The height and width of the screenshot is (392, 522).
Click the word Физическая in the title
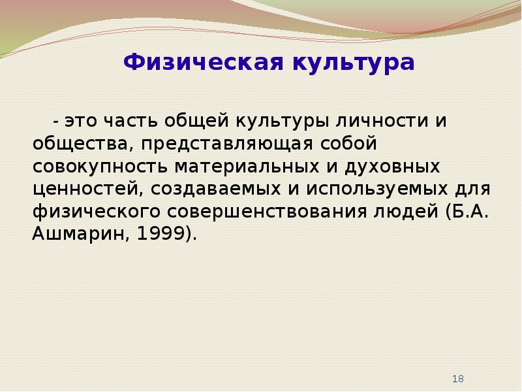pos(203,62)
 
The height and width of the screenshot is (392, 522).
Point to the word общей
pos(196,122)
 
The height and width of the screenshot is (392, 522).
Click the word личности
pos(382,121)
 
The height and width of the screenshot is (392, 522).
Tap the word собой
pos(348,143)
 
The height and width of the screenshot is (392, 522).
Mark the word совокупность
pos(100,167)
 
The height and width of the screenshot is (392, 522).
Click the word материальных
pos(247,167)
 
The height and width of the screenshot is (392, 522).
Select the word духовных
pos(392,167)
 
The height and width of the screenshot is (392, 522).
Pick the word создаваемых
pos(216,189)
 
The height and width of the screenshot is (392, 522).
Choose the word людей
pos(406,212)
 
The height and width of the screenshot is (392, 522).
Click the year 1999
pos(161,234)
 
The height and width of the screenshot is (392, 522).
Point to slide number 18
pos(458,379)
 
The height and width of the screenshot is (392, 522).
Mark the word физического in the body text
pos(97,212)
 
